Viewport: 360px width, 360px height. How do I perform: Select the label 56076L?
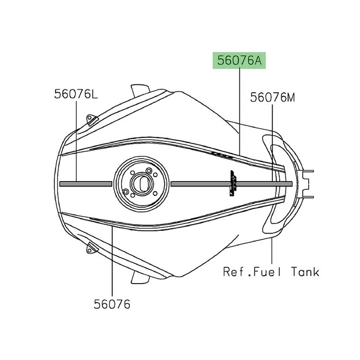(x=76, y=94)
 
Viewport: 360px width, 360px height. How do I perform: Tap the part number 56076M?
(x=273, y=98)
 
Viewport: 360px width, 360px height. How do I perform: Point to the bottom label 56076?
(x=111, y=304)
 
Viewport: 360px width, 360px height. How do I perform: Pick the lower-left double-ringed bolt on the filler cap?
(x=127, y=192)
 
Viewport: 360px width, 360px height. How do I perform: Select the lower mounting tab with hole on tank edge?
(x=91, y=249)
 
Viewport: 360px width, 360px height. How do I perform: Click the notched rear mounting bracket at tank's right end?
(x=308, y=183)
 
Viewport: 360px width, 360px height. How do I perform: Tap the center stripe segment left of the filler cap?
(x=87, y=184)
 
